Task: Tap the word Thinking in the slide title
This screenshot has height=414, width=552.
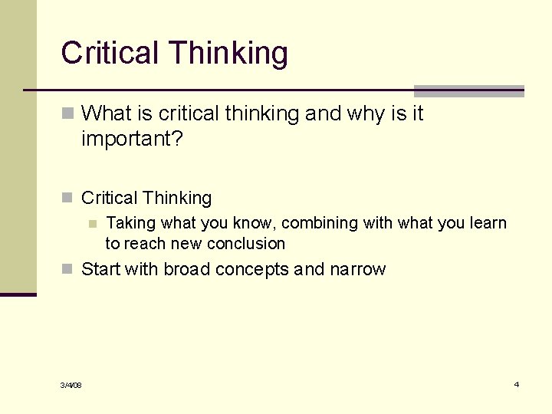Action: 228,54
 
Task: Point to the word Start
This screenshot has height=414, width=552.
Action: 101,269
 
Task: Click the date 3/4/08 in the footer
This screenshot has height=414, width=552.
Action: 71,385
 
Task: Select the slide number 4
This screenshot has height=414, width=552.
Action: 517,384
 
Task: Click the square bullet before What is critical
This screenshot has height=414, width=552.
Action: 67,114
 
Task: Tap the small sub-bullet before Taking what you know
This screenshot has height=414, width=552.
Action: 92,224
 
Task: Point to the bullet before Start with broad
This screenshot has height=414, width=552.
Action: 67,270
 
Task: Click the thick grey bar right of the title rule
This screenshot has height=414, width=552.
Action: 468,90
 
